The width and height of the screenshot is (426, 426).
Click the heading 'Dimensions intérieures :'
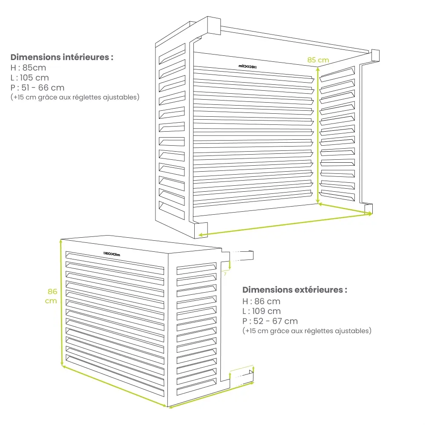click(62, 57)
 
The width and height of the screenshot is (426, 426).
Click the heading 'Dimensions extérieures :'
click(294, 290)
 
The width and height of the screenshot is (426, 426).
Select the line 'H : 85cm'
click(28, 67)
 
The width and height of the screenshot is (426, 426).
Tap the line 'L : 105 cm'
click(30, 78)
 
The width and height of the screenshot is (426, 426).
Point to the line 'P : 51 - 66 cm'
click(37, 88)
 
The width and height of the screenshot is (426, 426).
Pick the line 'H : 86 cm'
click(261, 301)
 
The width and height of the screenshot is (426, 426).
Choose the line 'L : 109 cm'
click(262, 311)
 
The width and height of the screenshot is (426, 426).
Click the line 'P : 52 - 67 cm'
click(270, 321)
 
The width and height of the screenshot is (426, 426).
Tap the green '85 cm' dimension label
click(318, 60)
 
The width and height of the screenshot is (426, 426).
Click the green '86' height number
click(52, 292)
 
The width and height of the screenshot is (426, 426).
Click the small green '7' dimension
click(225, 274)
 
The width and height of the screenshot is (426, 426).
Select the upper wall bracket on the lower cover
click(241, 255)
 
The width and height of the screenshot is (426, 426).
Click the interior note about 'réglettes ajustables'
click(75, 98)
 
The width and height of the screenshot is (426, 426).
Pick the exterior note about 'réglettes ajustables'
click(307, 331)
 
